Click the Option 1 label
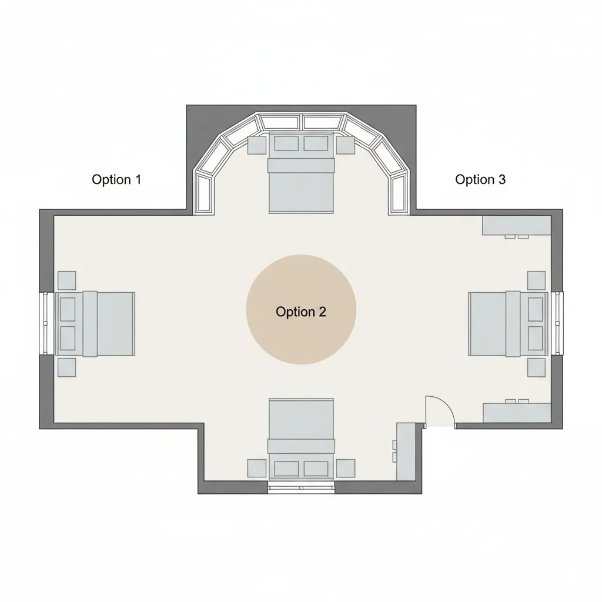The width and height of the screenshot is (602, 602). [116, 179]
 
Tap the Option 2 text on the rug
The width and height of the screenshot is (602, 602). [301, 312]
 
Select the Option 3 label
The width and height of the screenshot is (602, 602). [480, 179]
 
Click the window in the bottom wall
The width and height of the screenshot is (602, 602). [301, 487]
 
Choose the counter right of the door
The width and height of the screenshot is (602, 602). [517, 413]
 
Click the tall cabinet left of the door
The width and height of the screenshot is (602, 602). [405, 450]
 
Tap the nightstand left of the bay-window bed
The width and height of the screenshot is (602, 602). [257, 145]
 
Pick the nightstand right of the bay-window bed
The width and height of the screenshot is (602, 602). [345, 145]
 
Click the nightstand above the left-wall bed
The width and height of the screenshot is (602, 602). [67, 280]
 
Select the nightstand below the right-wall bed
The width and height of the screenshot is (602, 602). [536, 368]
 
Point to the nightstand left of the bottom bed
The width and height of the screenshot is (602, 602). [257, 468]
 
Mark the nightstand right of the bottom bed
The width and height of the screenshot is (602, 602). [346, 468]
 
